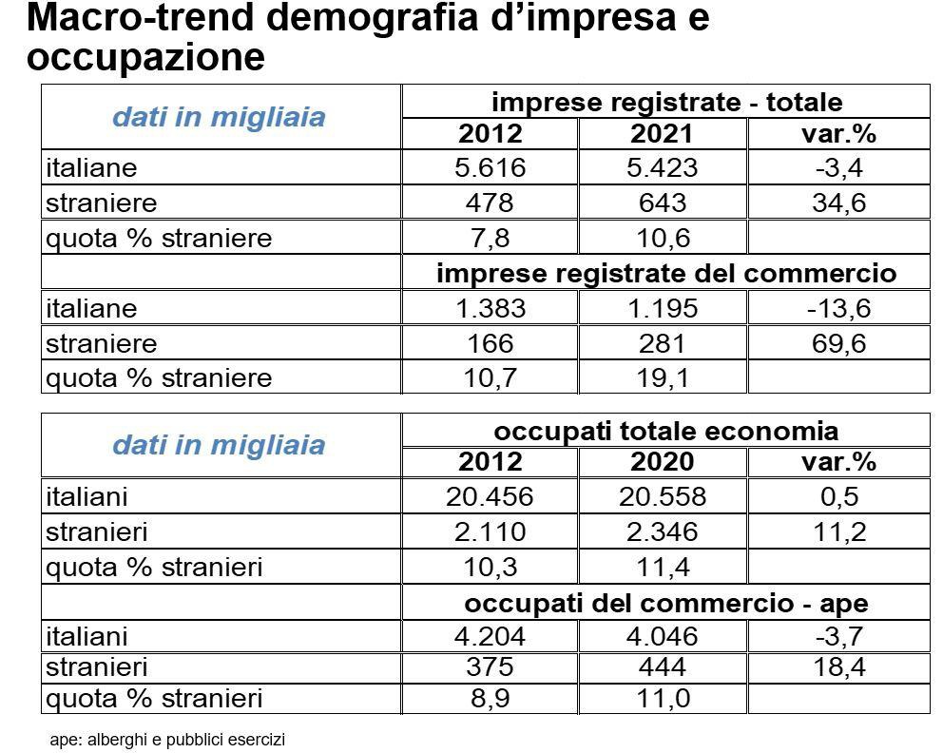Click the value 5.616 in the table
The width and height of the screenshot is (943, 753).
(x=491, y=167)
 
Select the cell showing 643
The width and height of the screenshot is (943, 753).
(x=663, y=203)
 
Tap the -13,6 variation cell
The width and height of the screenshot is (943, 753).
(x=838, y=308)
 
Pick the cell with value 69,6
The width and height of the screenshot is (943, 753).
(x=838, y=343)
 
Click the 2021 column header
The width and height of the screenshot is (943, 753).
(x=662, y=133)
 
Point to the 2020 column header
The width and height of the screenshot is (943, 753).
(x=662, y=462)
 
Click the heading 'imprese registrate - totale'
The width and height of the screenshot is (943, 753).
(x=667, y=102)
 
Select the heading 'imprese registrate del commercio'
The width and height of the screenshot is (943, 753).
(x=666, y=273)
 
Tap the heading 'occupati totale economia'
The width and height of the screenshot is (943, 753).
(x=665, y=431)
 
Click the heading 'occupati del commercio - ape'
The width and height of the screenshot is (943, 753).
(x=665, y=603)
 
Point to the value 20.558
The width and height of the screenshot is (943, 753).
(x=663, y=497)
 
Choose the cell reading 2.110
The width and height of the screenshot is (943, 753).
(x=491, y=531)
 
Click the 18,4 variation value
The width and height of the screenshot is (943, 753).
(x=839, y=667)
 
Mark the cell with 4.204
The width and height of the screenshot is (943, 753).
(x=491, y=636)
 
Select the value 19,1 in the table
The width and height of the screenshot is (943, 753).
(x=663, y=378)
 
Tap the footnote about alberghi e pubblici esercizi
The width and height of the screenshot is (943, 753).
(x=167, y=739)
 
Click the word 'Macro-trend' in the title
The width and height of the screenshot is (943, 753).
(x=141, y=17)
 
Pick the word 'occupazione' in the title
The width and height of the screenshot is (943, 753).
(x=146, y=57)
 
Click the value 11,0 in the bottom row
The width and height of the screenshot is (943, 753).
(x=664, y=698)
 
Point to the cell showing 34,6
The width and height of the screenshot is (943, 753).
(x=839, y=203)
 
